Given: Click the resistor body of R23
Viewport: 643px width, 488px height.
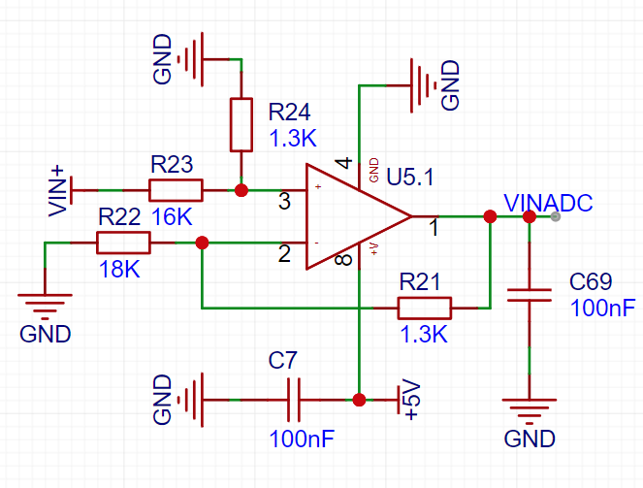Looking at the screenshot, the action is [x=176, y=190].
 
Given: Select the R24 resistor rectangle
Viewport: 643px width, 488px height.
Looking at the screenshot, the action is [x=241, y=124].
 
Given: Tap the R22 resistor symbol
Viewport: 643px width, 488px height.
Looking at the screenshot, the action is [x=123, y=243].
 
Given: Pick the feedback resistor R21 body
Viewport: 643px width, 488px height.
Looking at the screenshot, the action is [x=425, y=308].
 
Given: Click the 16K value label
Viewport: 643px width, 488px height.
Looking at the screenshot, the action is [x=172, y=217].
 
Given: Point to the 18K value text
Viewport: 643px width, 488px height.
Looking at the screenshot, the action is [x=119, y=270].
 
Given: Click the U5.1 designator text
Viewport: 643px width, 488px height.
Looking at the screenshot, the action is [x=409, y=178].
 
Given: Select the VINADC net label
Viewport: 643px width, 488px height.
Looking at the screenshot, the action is [x=548, y=203].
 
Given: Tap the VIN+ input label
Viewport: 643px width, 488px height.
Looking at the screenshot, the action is [x=57, y=191].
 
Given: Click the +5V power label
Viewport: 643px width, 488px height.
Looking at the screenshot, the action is [x=412, y=400].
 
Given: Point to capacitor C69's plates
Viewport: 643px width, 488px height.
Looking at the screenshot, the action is [x=530, y=295].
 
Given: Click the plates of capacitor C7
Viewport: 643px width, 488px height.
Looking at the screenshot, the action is [x=294, y=400].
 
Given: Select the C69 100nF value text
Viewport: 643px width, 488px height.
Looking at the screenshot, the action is [x=603, y=308].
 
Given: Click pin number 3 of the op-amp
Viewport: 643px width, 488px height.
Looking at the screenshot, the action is [x=284, y=202].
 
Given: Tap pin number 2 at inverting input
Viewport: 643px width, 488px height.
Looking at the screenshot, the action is [x=284, y=253].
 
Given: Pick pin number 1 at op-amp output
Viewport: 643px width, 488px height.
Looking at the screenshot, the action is [x=434, y=227].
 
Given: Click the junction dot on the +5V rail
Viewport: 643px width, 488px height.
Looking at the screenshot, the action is [x=359, y=400].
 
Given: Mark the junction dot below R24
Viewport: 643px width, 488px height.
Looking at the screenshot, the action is [x=241, y=190].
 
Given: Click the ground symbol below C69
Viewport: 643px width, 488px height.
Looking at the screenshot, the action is [x=530, y=411].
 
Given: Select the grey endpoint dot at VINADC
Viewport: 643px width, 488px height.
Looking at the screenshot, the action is [x=556, y=216].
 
